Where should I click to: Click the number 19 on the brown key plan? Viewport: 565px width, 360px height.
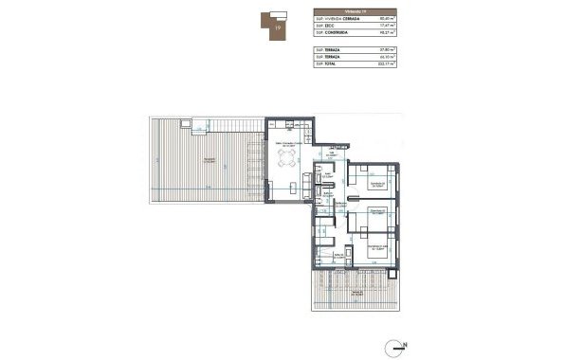pyautogui.click(x=277, y=28)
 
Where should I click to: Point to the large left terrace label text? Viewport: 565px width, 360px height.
pyautogui.click(x=210, y=160)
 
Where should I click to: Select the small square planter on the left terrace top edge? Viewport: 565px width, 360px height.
pyautogui.click(x=188, y=123)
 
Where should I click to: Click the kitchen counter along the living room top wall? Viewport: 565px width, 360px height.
pyautogui.click(x=285, y=125)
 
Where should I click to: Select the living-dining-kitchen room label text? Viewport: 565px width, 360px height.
pyautogui.click(x=287, y=144)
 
